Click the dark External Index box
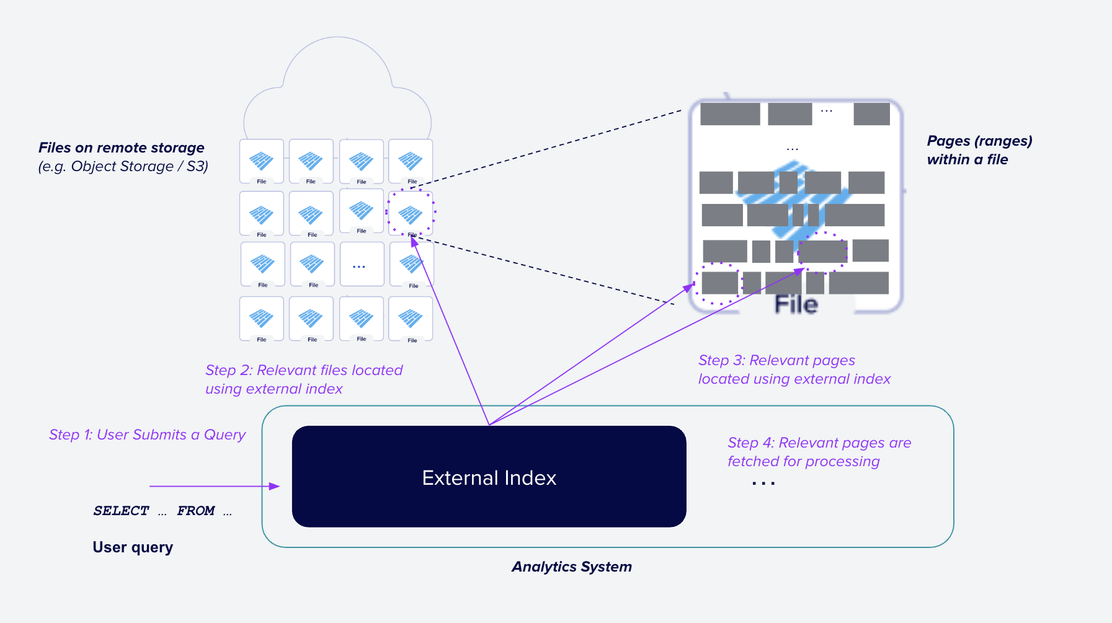tap(489, 476)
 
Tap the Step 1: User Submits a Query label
tap(147, 435)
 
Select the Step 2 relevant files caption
tap(304, 379)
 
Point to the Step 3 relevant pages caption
tap(794, 369)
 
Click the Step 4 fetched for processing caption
tap(819, 452)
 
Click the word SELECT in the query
tap(121, 511)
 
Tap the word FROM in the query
tap(196, 511)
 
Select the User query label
tap(133, 547)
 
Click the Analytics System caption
tap(571, 567)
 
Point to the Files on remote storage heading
tap(122, 148)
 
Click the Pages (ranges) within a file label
tap(979, 150)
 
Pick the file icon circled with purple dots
tap(411, 213)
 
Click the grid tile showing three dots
tap(362, 265)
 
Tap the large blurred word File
tap(796, 304)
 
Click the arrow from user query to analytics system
tap(214, 487)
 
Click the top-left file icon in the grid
tap(262, 161)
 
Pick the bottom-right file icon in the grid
tap(411, 319)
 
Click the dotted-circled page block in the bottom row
tap(719, 283)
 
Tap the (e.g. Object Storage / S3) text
tap(123, 166)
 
